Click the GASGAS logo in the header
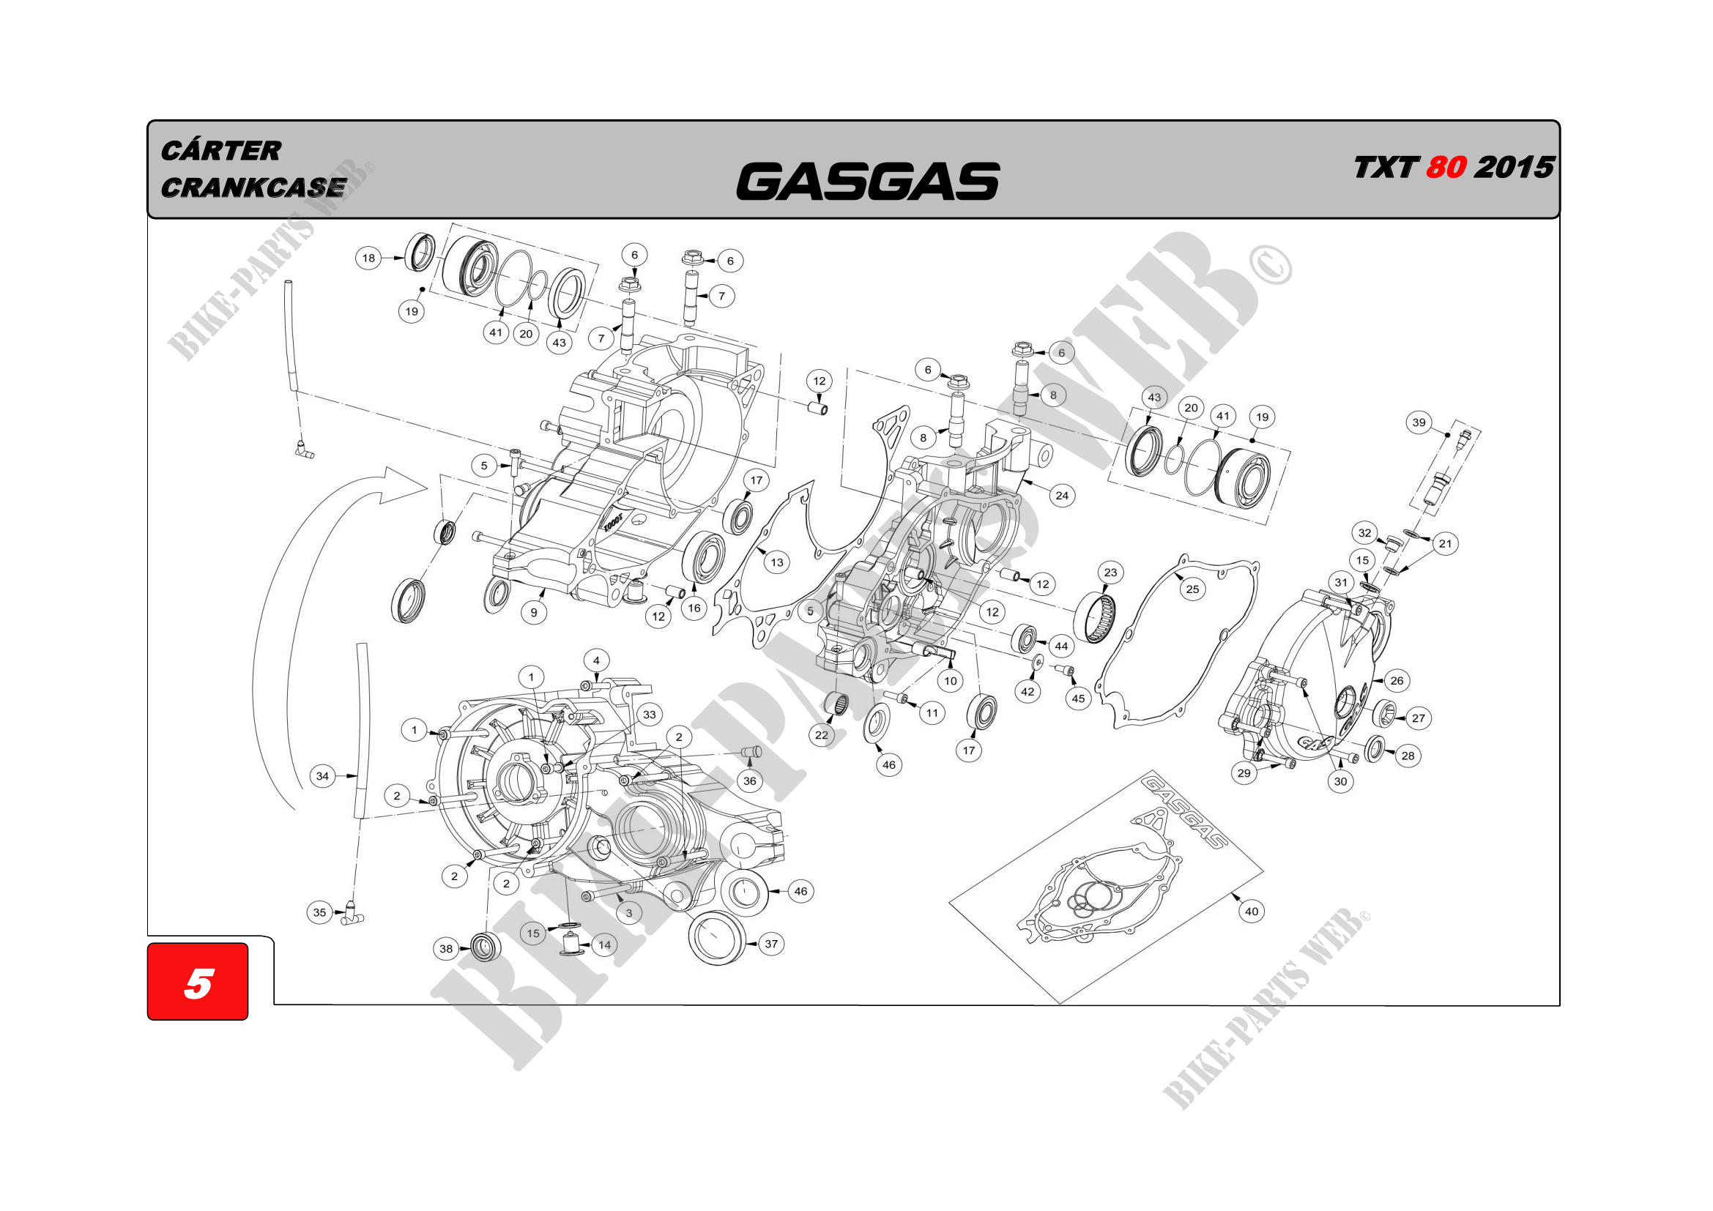(x=867, y=182)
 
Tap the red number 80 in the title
(x=1446, y=168)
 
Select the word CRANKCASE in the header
(x=253, y=188)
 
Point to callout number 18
(x=368, y=258)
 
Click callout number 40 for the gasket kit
(x=1251, y=912)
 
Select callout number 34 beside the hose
(x=322, y=776)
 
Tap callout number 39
(x=1419, y=422)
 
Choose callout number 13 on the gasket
(x=776, y=562)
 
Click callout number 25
(x=1192, y=589)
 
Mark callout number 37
(x=770, y=944)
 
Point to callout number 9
(x=533, y=613)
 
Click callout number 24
(x=1062, y=495)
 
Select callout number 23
(x=1110, y=573)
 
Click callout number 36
(x=750, y=780)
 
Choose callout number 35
(x=319, y=912)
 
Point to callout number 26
(x=1397, y=680)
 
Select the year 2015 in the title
(x=1515, y=168)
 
